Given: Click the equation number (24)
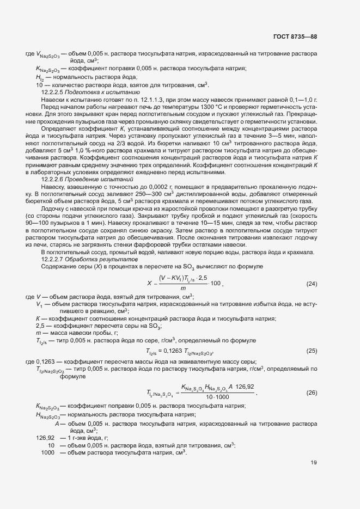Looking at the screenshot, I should (x=312, y=284).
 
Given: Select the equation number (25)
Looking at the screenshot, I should (x=312, y=351).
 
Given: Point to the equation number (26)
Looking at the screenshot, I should (x=312, y=393).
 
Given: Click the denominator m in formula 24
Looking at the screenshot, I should (x=183, y=289).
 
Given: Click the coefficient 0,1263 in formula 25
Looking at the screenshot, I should (x=174, y=351).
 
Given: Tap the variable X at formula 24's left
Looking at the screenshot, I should (x=149, y=284).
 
